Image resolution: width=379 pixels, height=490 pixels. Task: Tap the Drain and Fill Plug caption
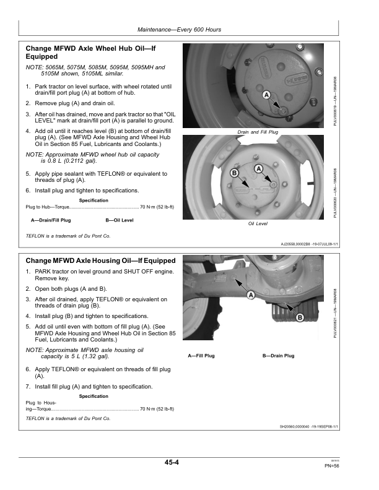(258, 132)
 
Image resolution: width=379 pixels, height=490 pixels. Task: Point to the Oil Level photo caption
(258, 223)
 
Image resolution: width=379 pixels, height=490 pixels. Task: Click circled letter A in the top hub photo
(266, 95)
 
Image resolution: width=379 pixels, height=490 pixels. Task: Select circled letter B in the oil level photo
(235, 173)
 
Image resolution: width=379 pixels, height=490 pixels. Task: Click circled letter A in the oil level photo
(259, 168)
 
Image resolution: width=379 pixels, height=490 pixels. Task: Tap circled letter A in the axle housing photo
(251, 295)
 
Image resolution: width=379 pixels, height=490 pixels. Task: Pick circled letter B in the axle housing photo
(299, 317)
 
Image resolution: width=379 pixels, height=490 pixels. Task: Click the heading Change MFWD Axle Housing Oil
(100, 260)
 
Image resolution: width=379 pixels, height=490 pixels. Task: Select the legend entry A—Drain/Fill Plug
(51, 220)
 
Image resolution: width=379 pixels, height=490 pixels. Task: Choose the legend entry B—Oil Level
(120, 220)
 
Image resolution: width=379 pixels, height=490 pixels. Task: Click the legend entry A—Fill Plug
(201, 356)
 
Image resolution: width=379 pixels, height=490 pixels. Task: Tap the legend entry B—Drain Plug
(278, 356)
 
